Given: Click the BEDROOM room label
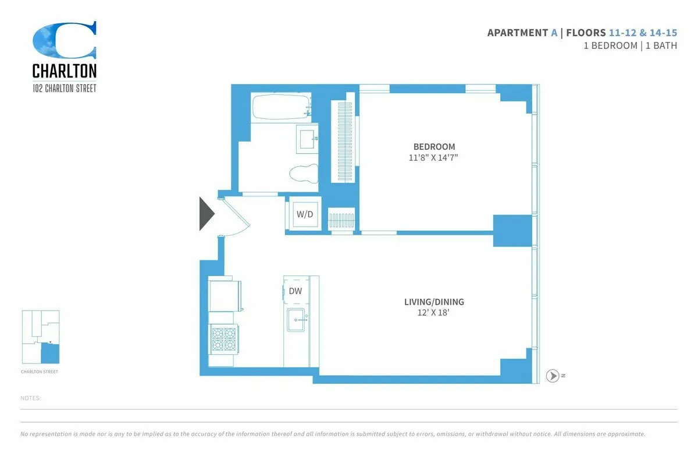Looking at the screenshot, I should (x=434, y=147).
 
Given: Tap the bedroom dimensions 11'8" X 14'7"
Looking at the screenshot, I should (x=434, y=157).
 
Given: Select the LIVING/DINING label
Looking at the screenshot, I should (x=434, y=302).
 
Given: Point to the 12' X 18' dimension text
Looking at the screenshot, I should (x=434, y=313).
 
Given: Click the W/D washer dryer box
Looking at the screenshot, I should (x=305, y=214).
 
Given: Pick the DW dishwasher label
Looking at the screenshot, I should (x=295, y=291).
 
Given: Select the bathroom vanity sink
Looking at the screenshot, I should (x=307, y=139).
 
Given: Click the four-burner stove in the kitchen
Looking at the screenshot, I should (x=225, y=339).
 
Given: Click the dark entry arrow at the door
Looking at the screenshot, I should (x=206, y=214).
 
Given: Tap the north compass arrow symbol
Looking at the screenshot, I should (x=553, y=376).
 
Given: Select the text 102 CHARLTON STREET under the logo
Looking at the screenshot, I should (x=65, y=89).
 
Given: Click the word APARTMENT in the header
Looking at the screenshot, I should (x=517, y=33).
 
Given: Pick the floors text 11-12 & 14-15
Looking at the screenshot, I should (x=643, y=33).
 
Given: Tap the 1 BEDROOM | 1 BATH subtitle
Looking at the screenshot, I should (x=630, y=45).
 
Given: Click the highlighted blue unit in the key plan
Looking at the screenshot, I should (x=51, y=353).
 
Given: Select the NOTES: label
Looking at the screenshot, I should (x=30, y=398).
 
